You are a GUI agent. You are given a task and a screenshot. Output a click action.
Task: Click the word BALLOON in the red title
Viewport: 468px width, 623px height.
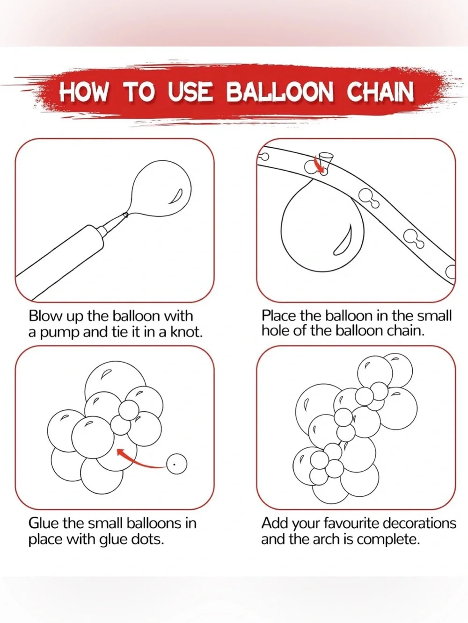pyautogui.click(x=279, y=92)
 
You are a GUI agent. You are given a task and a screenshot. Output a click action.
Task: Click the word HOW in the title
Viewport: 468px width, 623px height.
pyautogui.click(x=84, y=92)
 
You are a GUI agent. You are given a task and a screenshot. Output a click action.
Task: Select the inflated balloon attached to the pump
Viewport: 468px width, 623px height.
pyautogui.click(x=161, y=189)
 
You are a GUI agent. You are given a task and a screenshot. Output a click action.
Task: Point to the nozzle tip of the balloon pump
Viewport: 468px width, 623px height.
pyautogui.click(x=124, y=215)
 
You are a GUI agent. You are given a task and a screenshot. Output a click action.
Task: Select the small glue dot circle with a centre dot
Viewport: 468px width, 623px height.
pyautogui.click(x=176, y=464)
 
